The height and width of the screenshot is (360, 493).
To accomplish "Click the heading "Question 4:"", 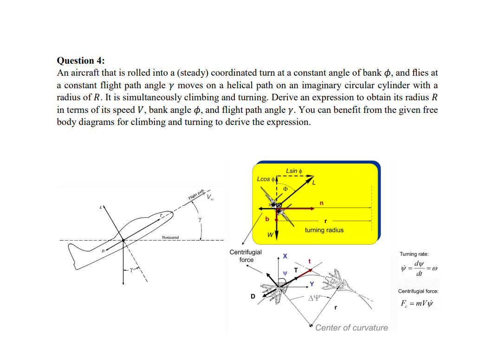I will pos(80,60).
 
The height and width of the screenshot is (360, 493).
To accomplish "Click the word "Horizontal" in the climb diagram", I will pos(170,238).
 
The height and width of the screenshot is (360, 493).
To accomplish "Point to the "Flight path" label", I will pos(196,195).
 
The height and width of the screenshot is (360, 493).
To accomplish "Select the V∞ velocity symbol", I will pos(211,198).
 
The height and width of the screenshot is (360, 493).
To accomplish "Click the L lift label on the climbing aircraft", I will pos(99,207).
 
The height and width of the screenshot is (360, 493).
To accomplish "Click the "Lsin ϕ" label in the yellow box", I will pos(294,171).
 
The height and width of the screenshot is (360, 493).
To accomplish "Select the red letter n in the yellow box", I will pos(321,203).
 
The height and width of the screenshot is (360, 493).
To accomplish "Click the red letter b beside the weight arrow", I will pos(266,219).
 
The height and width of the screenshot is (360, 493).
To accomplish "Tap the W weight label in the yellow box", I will pos(270,235).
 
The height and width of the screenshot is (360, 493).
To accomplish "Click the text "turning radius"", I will pos(324,230).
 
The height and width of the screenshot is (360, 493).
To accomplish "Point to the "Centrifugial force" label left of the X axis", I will pos(246,256).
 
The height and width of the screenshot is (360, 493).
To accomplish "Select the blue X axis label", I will pos(285,256).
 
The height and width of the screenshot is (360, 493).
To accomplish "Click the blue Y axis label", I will pos(312,284).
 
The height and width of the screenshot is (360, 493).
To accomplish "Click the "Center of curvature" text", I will pos(351,327).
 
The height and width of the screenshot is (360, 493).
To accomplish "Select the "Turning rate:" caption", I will pos(414,254).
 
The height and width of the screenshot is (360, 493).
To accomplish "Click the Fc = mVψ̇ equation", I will pos(416,304).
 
